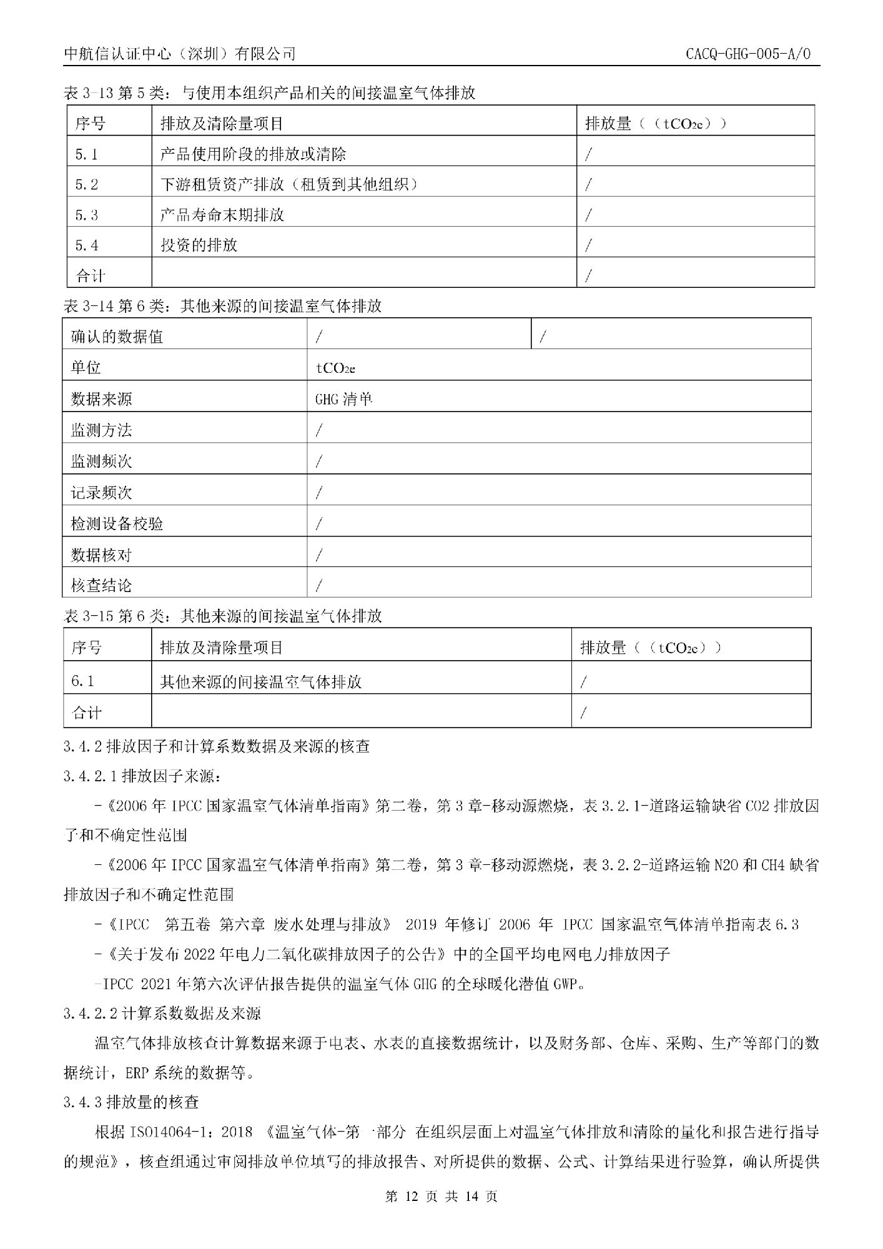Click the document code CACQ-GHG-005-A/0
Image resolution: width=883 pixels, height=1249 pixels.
[x=747, y=54]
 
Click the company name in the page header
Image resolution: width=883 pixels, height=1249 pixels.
[x=180, y=54]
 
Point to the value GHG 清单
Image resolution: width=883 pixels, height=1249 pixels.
[x=344, y=398]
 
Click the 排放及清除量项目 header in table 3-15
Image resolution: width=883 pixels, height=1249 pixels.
[x=222, y=648]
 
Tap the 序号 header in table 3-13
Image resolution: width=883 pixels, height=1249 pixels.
[x=91, y=123]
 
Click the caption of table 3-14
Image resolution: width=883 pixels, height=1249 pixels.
[x=223, y=306]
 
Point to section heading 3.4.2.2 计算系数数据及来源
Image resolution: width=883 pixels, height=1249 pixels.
[x=162, y=1013]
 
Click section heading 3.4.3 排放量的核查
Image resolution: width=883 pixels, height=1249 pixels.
[x=131, y=1102]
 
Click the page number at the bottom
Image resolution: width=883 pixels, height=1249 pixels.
[x=441, y=1196]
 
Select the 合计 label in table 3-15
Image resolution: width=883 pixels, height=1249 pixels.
[x=87, y=713]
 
